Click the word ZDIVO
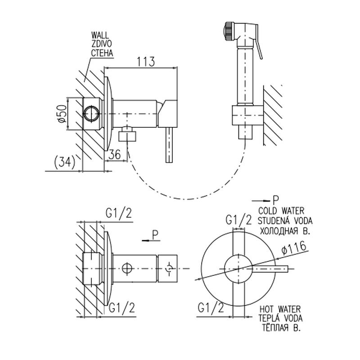(x=101, y=44)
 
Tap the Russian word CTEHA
(x=102, y=53)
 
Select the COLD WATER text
(x=282, y=211)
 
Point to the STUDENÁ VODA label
(x=285, y=220)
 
